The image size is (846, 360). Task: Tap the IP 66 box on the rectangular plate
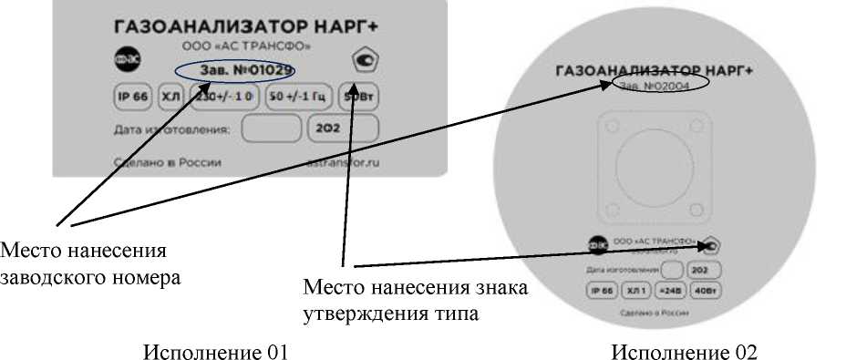coord(130,97)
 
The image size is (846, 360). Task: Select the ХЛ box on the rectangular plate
coord(170,97)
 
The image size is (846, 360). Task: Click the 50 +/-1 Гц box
coord(297,97)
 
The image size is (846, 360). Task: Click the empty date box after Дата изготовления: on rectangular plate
coord(271,129)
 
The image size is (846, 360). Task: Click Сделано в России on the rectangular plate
coord(169,162)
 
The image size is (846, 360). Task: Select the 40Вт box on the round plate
coord(709,291)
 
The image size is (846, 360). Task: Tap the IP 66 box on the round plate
coord(602,291)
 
